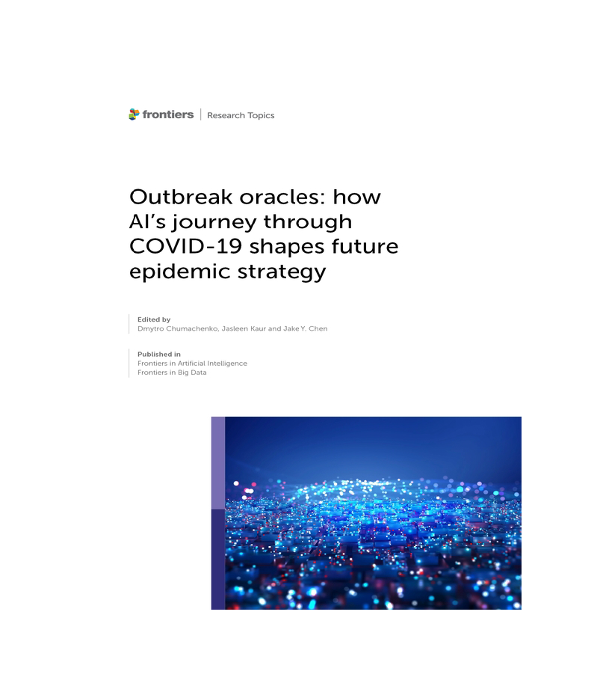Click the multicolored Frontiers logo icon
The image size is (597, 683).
coord(134,114)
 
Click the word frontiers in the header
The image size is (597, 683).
coord(168,114)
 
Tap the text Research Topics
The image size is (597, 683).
coord(241,115)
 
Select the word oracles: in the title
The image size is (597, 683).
coord(282,197)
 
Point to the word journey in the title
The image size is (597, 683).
coord(214,222)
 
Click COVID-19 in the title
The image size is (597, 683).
coord(186,247)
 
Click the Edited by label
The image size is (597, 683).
coord(154,319)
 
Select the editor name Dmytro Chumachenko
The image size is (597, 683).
coord(178,328)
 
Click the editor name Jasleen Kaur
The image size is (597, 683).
coord(244,328)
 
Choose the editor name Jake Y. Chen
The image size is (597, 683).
coord(305,328)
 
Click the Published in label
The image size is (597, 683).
coord(159,354)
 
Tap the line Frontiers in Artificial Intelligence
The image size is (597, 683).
coord(192,364)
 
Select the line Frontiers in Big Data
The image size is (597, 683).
coord(172,373)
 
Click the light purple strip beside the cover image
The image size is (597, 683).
coord(218,463)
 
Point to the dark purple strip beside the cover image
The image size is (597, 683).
coord(218,560)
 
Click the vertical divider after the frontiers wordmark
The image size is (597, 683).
coord(200,114)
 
